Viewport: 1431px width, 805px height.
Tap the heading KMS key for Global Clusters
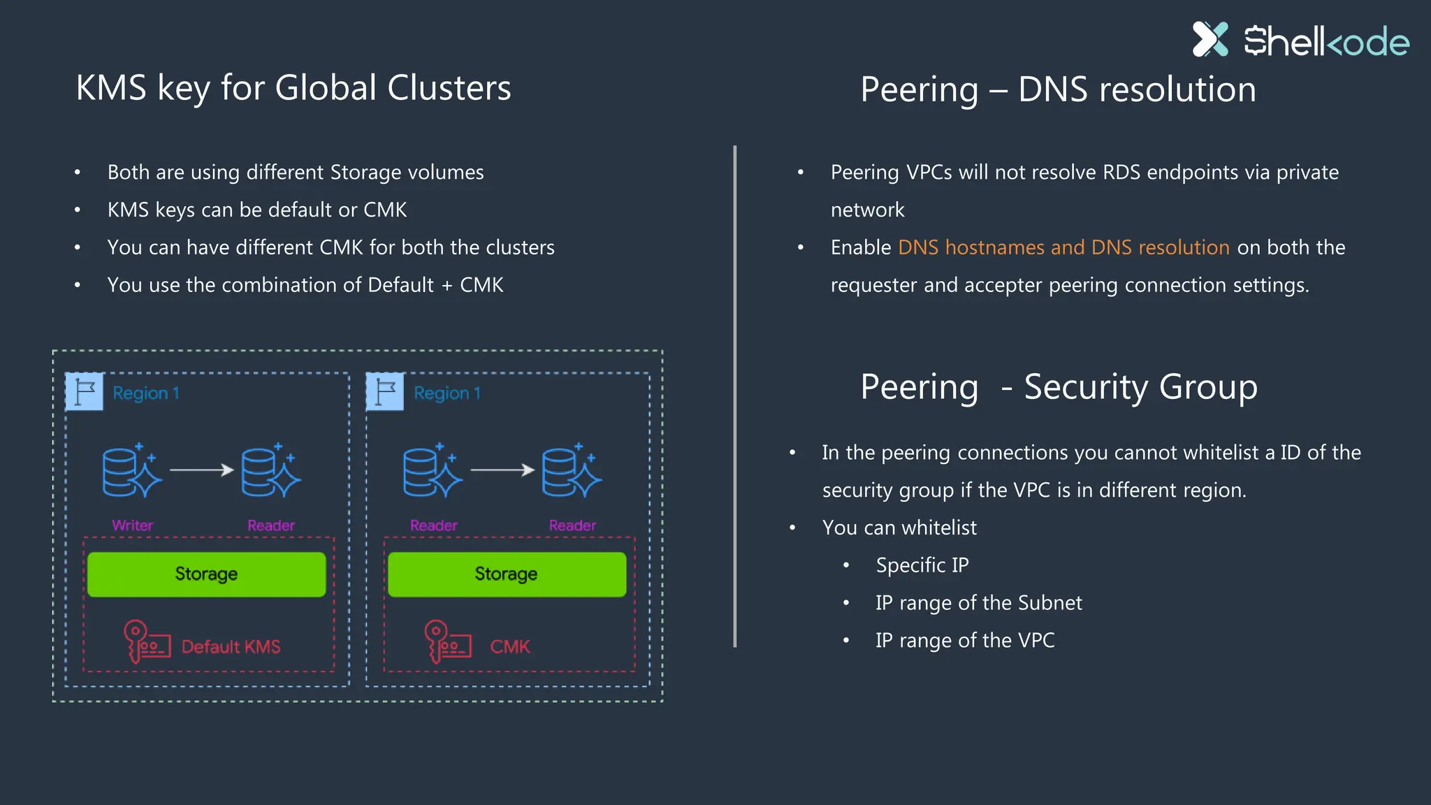pyautogui.click(x=293, y=88)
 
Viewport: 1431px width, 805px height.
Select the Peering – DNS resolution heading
pyautogui.click(x=1058, y=89)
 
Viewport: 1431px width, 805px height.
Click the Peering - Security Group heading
pyautogui.click(x=1058, y=386)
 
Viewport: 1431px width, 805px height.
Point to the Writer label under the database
pyautogui.click(x=132, y=525)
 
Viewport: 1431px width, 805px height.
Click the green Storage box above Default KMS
pyautogui.click(x=206, y=574)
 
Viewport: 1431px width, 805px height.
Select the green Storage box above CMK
pyautogui.click(x=507, y=574)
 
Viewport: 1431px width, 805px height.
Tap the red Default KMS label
pyautogui.click(x=231, y=647)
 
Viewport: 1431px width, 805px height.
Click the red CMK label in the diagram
pyautogui.click(x=509, y=647)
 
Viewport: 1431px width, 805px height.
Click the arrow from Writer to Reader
pyautogui.click(x=201, y=470)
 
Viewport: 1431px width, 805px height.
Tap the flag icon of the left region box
pyautogui.click(x=85, y=391)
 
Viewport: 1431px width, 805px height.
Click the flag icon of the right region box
pyautogui.click(x=385, y=391)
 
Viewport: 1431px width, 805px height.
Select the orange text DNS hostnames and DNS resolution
pyautogui.click(x=1063, y=247)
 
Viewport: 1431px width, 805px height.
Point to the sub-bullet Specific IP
pyautogui.click(x=922, y=565)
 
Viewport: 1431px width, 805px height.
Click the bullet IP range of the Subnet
pyautogui.click(x=978, y=603)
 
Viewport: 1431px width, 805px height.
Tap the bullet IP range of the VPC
pyautogui.click(x=964, y=641)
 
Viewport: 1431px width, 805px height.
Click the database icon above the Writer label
pyautogui.click(x=131, y=472)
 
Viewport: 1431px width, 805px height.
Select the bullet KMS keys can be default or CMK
pyautogui.click(x=256, y=210)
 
